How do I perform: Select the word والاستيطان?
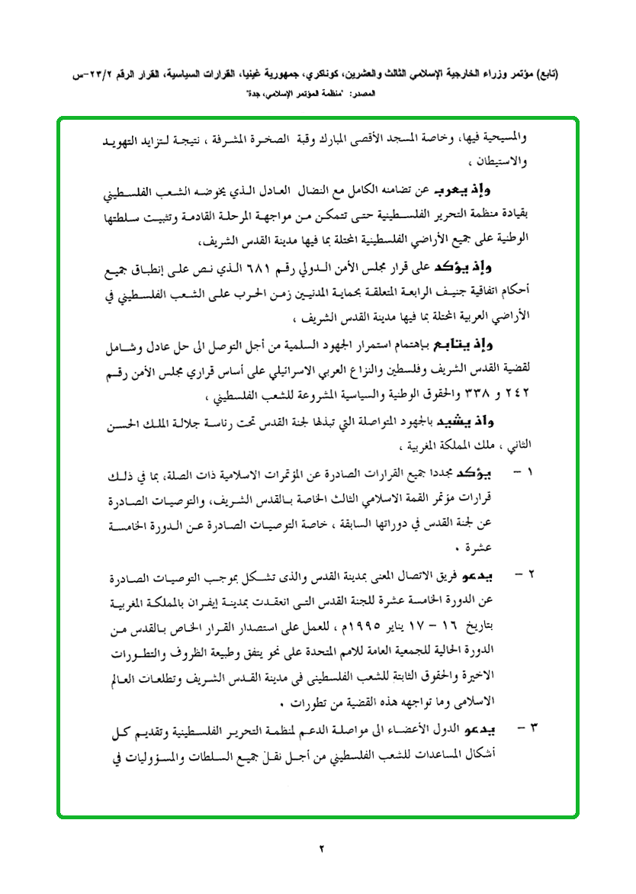[x=503, y=161]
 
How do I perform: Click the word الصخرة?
[x=291, y=140]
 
